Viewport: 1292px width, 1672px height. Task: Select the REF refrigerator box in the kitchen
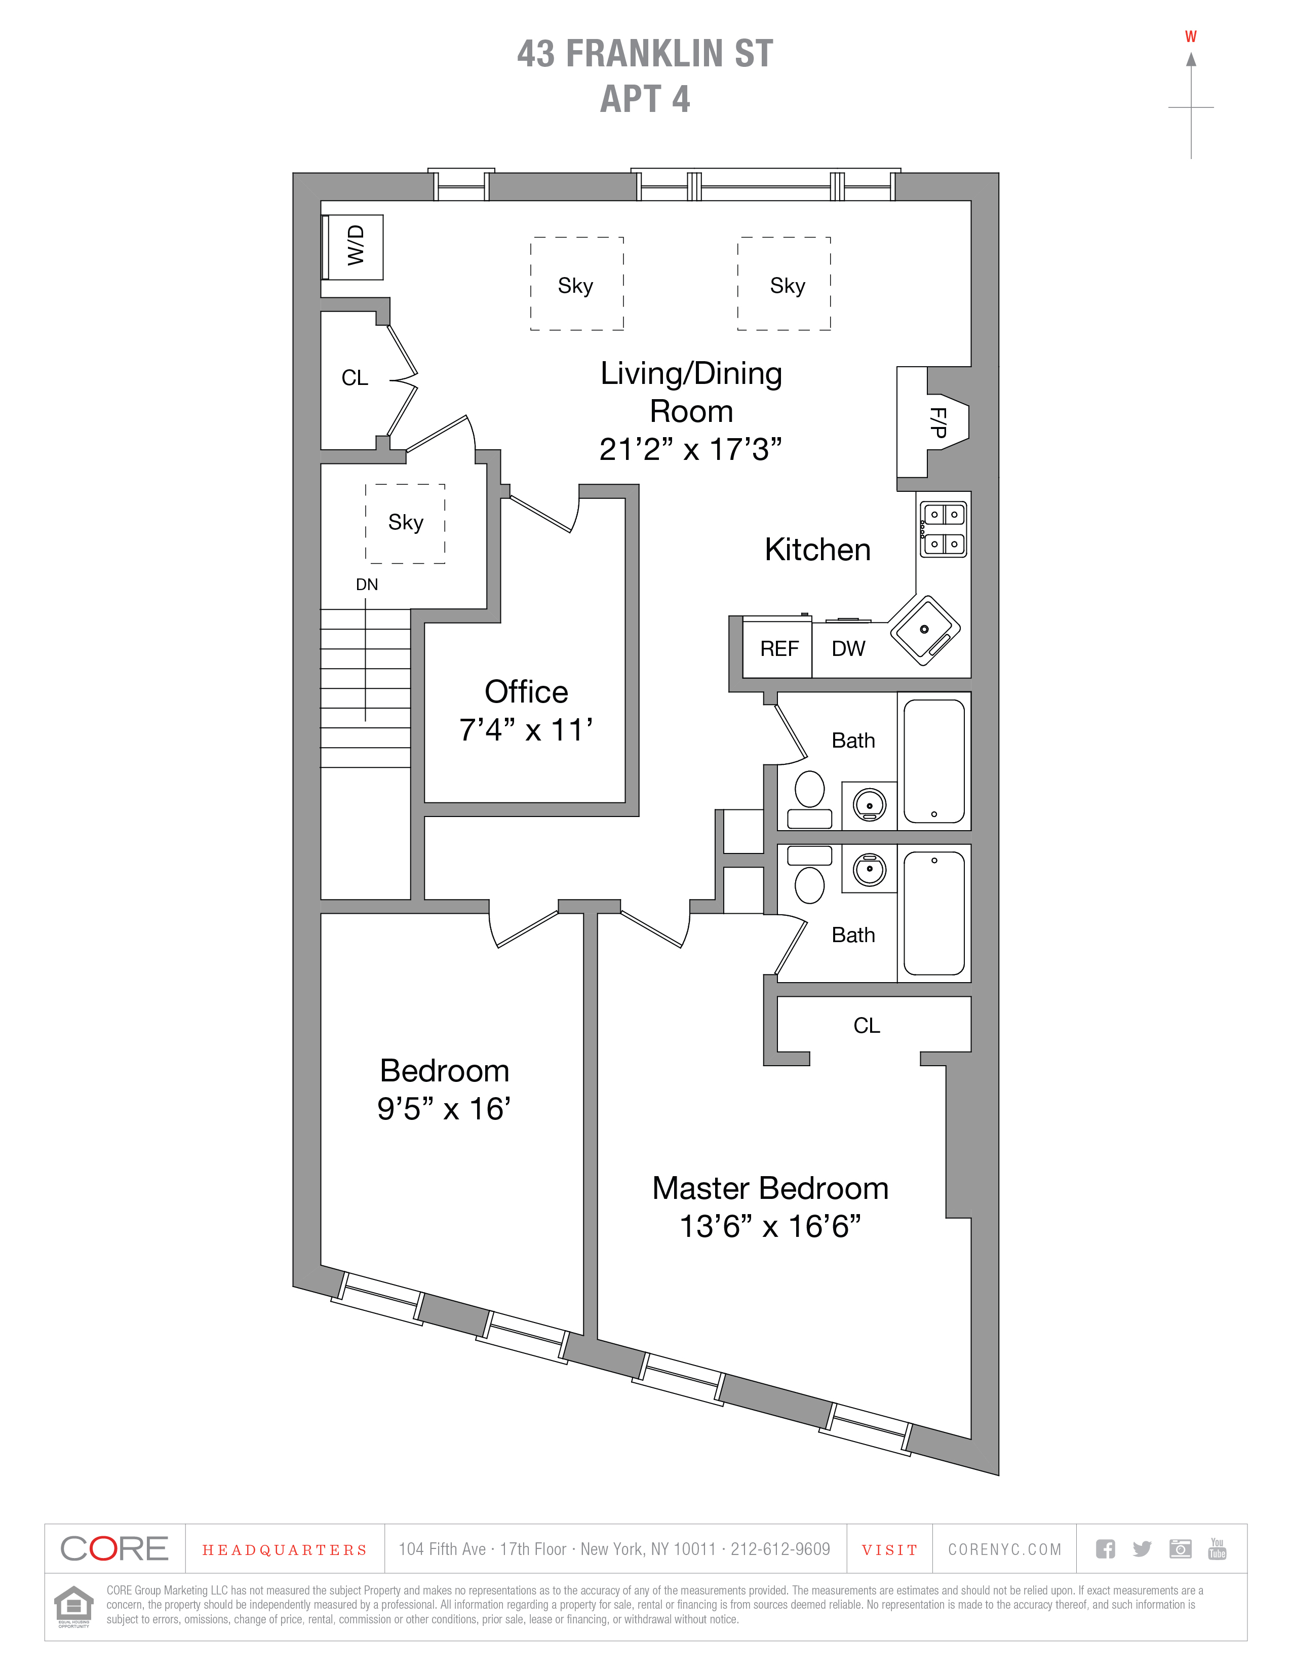[778, 648]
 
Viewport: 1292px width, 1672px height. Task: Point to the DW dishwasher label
[848, 648]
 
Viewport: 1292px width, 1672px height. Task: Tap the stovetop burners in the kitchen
[944, 528]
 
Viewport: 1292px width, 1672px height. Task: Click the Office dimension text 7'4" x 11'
[526, 729]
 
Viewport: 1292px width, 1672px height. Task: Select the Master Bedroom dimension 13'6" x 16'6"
[770, 1226]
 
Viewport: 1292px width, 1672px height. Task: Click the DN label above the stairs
[367, 584]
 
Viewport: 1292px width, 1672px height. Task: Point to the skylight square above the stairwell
[405, 523]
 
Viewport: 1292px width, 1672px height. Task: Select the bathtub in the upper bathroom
[934, 760]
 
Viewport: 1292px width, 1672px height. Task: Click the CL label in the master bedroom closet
[867, 1025]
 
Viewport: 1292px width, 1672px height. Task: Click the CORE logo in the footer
[114, 1549]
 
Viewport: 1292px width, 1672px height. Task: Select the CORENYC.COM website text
[1004, 1549]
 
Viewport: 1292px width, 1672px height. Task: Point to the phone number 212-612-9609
[780, 1549]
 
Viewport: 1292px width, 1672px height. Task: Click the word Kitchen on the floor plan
[817, 550]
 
